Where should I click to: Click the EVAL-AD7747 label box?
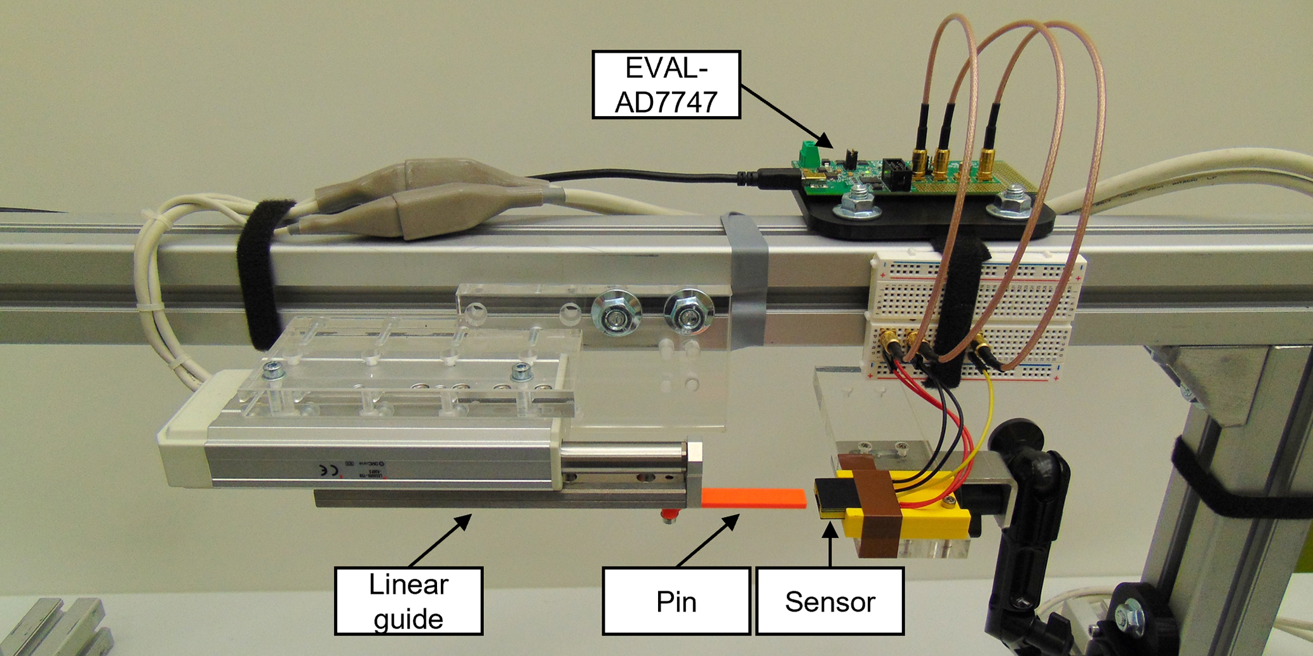point(666,84)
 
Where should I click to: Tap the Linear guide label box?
point(408,601)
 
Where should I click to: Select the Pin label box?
point(676,601)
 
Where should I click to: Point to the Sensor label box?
point(830,601)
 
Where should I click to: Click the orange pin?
point(753,497)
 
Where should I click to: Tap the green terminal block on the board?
point(808,153)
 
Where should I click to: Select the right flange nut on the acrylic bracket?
point(689,312)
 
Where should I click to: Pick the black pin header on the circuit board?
point(896,174)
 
